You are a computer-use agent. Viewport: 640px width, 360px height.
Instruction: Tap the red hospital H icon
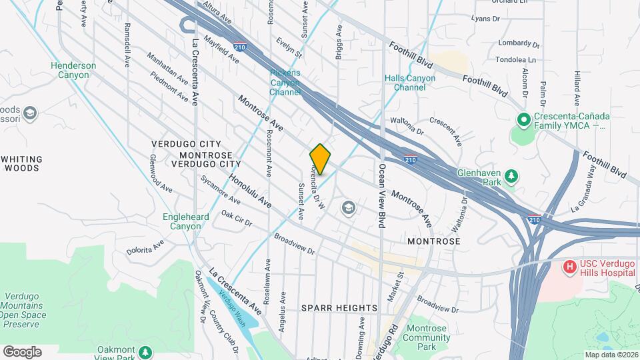[570, 267]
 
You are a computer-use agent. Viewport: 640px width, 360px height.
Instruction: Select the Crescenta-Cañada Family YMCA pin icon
[524, 121]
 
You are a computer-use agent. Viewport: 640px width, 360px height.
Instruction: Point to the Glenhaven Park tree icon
[511, 176]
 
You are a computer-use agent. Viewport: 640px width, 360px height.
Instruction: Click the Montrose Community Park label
[431, 337]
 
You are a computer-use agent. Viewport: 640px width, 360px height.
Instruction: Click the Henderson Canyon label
[73, 70]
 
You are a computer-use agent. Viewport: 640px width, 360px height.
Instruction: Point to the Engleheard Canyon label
[186, 221]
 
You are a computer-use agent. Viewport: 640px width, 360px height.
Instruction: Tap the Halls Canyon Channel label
[410, 83]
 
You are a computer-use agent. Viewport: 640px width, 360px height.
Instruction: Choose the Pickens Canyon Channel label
[286, 82]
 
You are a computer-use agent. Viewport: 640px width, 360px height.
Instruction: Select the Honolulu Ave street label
[251, 190]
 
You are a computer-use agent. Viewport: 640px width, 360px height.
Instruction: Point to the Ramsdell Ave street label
[126, 47]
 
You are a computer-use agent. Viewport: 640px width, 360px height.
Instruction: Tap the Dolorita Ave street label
[145, 248]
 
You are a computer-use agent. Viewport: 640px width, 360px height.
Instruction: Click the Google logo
[22, 351]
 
